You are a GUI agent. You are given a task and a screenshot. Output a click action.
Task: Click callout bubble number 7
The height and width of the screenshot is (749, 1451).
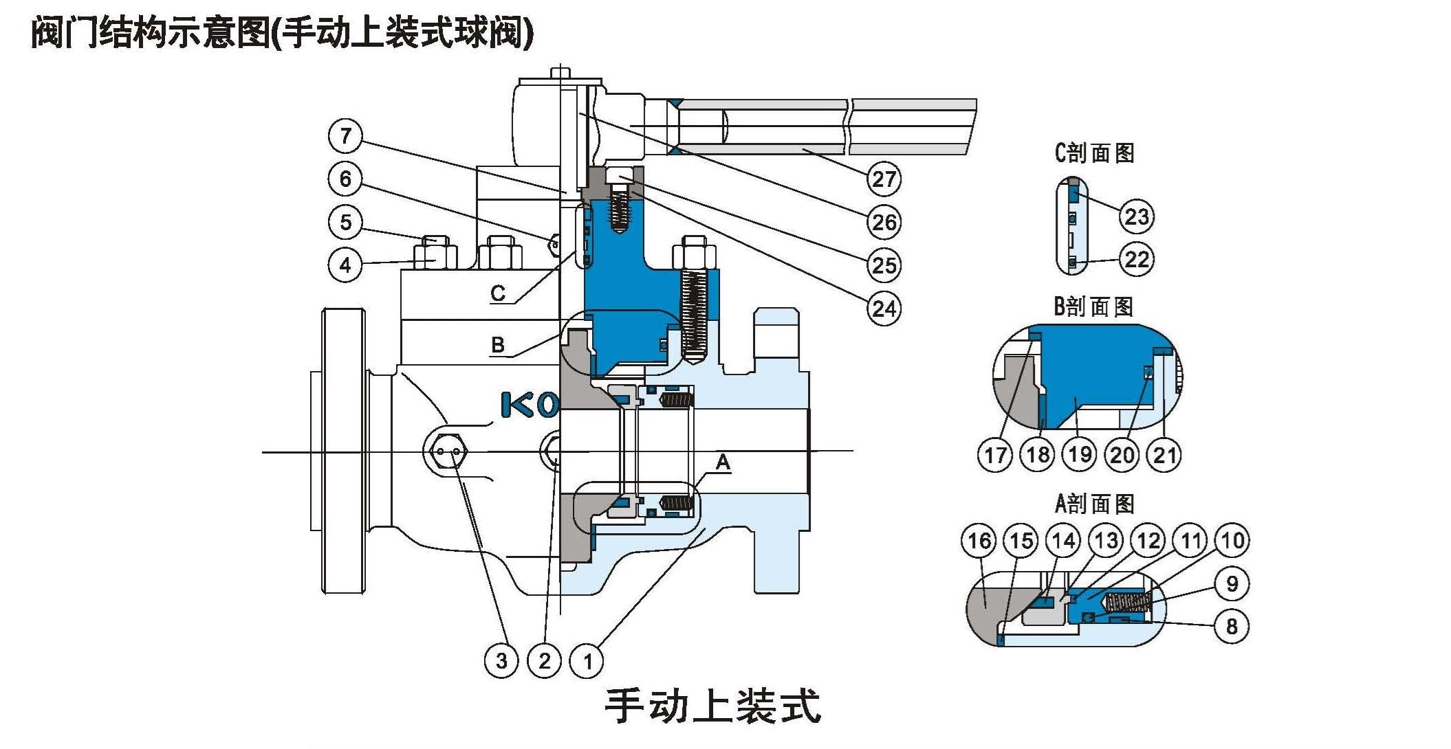345,135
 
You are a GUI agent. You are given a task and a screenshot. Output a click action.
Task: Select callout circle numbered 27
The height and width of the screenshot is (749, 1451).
884,179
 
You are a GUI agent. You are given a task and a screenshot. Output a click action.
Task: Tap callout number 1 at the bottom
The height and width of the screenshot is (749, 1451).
587,661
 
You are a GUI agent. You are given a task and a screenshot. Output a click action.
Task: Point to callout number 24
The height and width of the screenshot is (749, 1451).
884,309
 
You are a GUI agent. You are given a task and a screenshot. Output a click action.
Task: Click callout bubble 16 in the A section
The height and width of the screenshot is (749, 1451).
979,541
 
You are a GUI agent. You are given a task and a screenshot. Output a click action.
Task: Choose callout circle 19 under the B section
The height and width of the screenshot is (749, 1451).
1080,454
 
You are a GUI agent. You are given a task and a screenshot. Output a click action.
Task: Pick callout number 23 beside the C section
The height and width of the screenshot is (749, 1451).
1136,216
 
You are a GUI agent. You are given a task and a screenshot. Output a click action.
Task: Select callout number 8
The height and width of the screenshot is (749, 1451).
1232,626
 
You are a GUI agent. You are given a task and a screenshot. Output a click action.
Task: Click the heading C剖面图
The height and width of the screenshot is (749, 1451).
1094,153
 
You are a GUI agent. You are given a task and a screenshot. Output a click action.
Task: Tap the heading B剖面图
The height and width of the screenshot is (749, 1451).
1093,306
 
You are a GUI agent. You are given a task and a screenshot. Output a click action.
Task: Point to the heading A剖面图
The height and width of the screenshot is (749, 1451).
1094,504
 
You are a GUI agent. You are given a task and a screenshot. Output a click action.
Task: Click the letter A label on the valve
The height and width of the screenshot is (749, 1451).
723,462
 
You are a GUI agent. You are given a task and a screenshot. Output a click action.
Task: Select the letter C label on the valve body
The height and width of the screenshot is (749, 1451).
498,293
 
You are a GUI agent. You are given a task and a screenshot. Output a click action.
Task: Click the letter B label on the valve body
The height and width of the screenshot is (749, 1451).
498,344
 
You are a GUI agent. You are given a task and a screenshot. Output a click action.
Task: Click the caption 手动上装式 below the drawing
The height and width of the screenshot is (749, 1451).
712,706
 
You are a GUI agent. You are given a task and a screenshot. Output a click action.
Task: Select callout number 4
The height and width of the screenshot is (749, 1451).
345,265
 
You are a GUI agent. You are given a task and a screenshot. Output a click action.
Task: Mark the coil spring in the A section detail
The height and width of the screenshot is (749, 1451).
1126,603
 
